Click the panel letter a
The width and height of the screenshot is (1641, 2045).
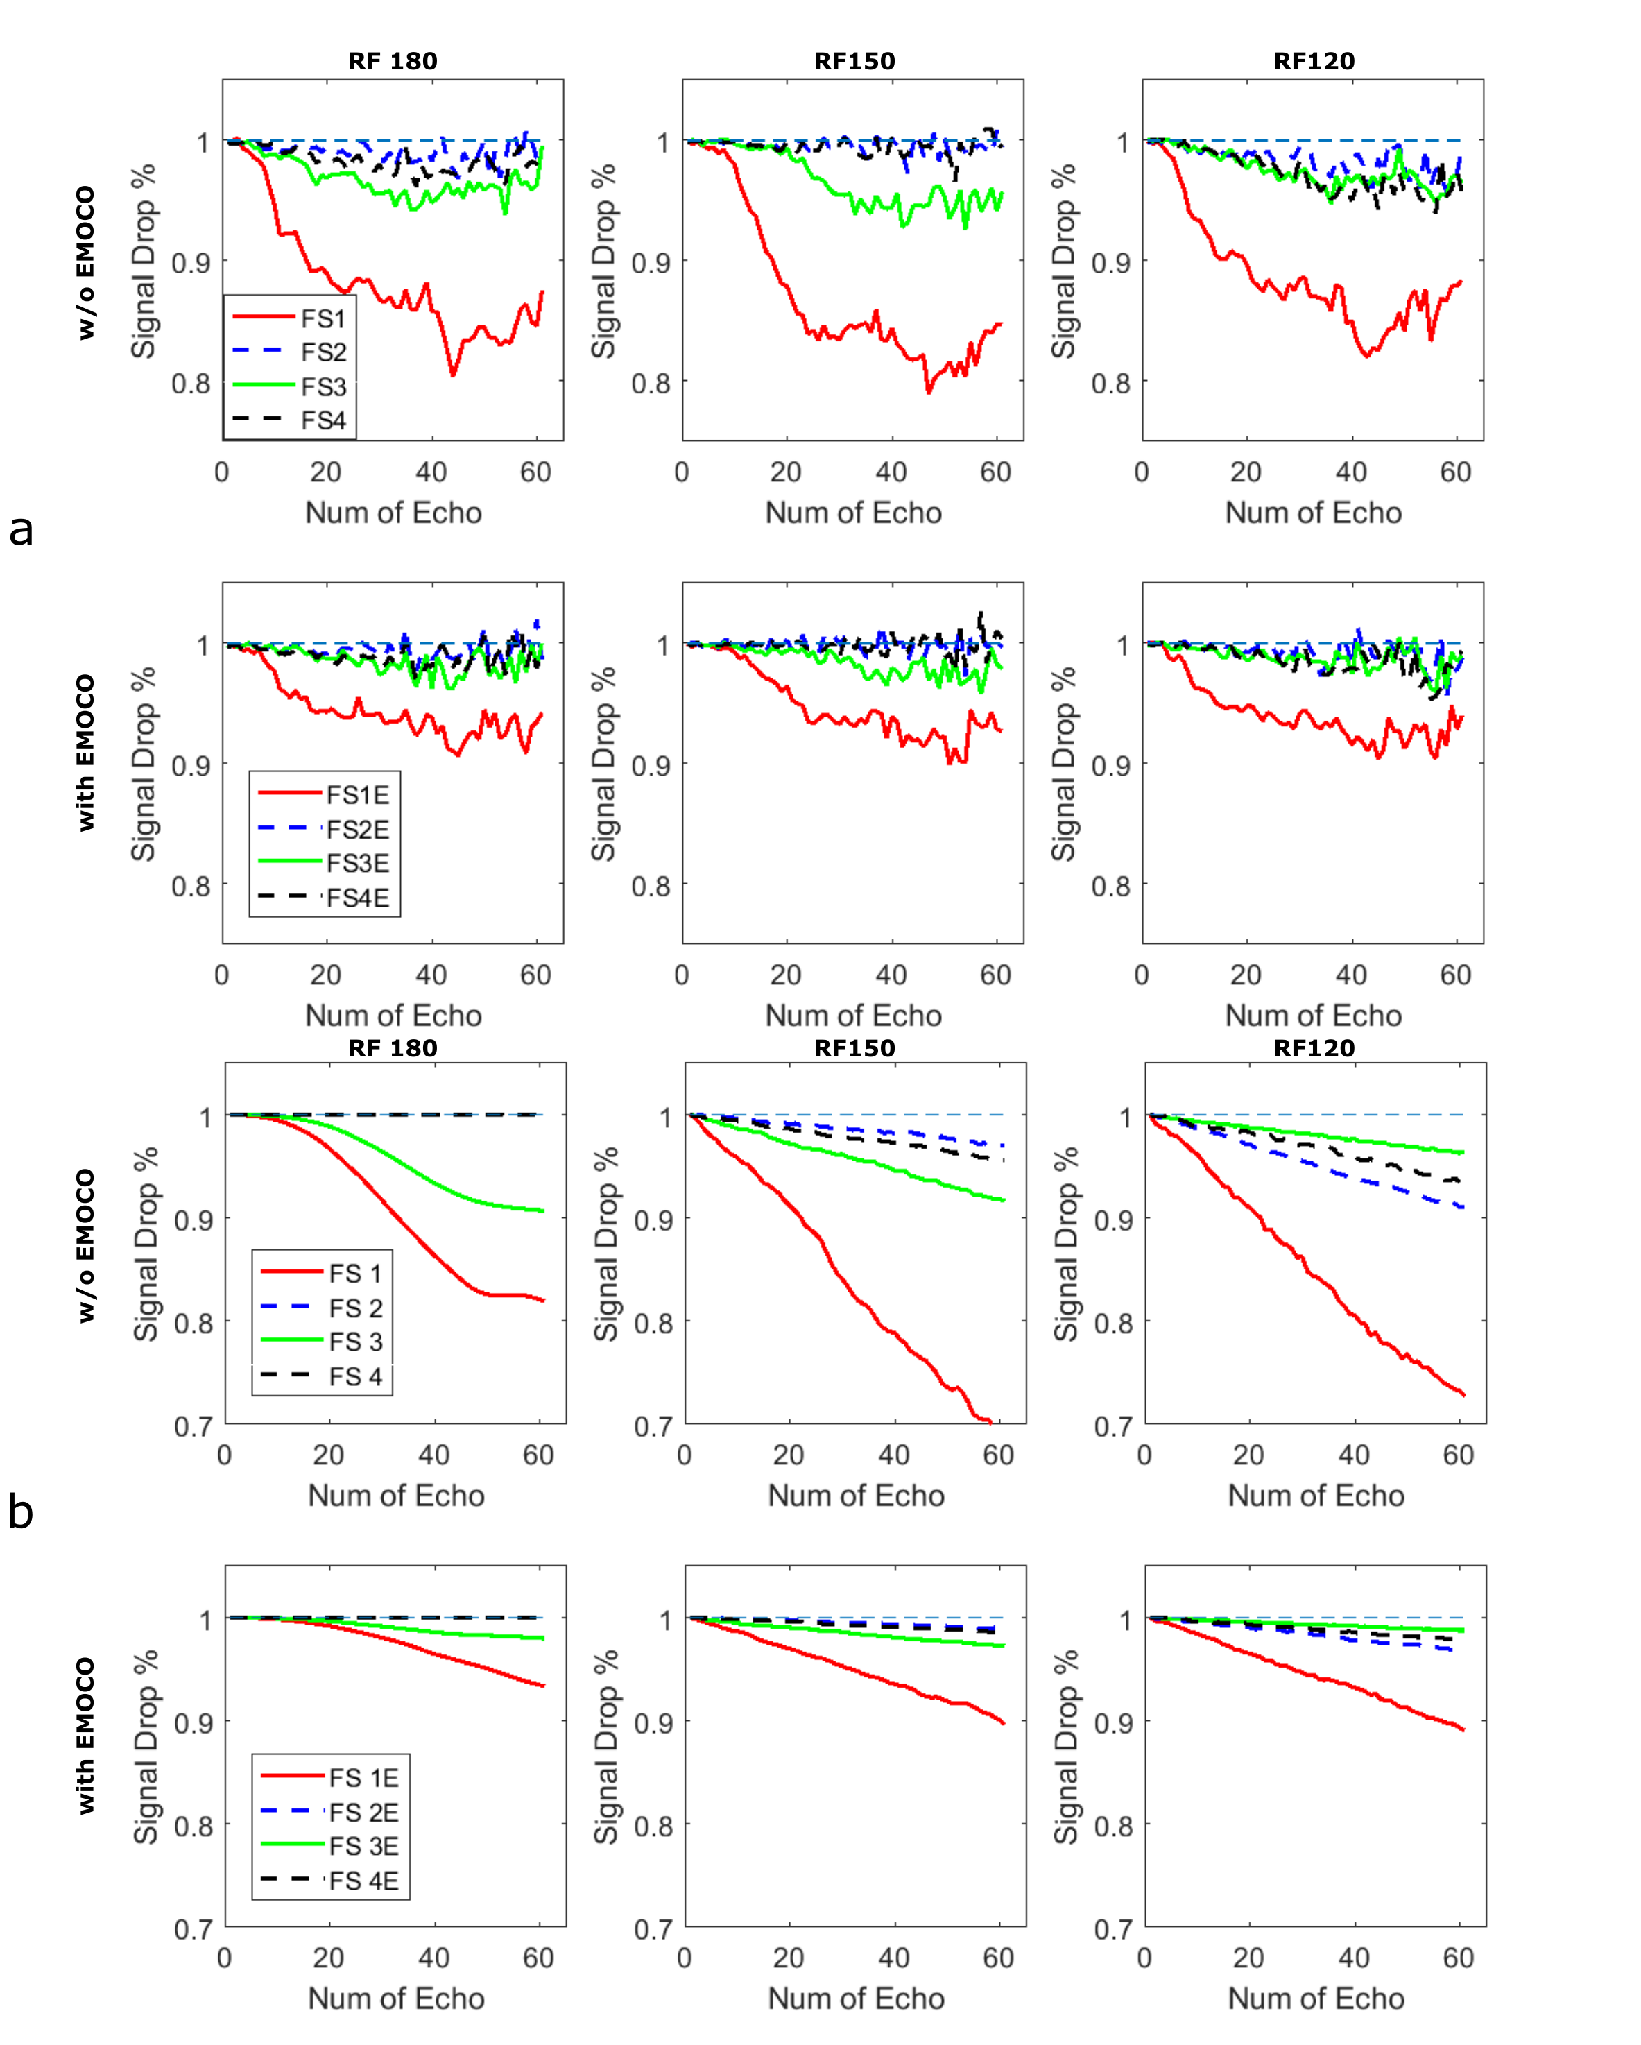21,530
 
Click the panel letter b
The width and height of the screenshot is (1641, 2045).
21,1511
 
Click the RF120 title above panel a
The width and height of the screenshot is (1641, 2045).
1314,62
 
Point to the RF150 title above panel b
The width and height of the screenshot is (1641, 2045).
854,1048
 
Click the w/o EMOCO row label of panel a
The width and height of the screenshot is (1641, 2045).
86,263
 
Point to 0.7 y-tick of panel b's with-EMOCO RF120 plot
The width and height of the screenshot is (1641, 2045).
1114,1928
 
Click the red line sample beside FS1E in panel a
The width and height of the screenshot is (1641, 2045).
289,792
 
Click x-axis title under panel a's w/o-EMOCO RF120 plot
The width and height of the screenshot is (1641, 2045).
1313,513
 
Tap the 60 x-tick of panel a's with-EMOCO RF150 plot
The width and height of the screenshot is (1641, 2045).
995,975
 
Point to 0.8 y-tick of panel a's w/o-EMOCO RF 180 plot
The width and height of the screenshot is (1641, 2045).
191,384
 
